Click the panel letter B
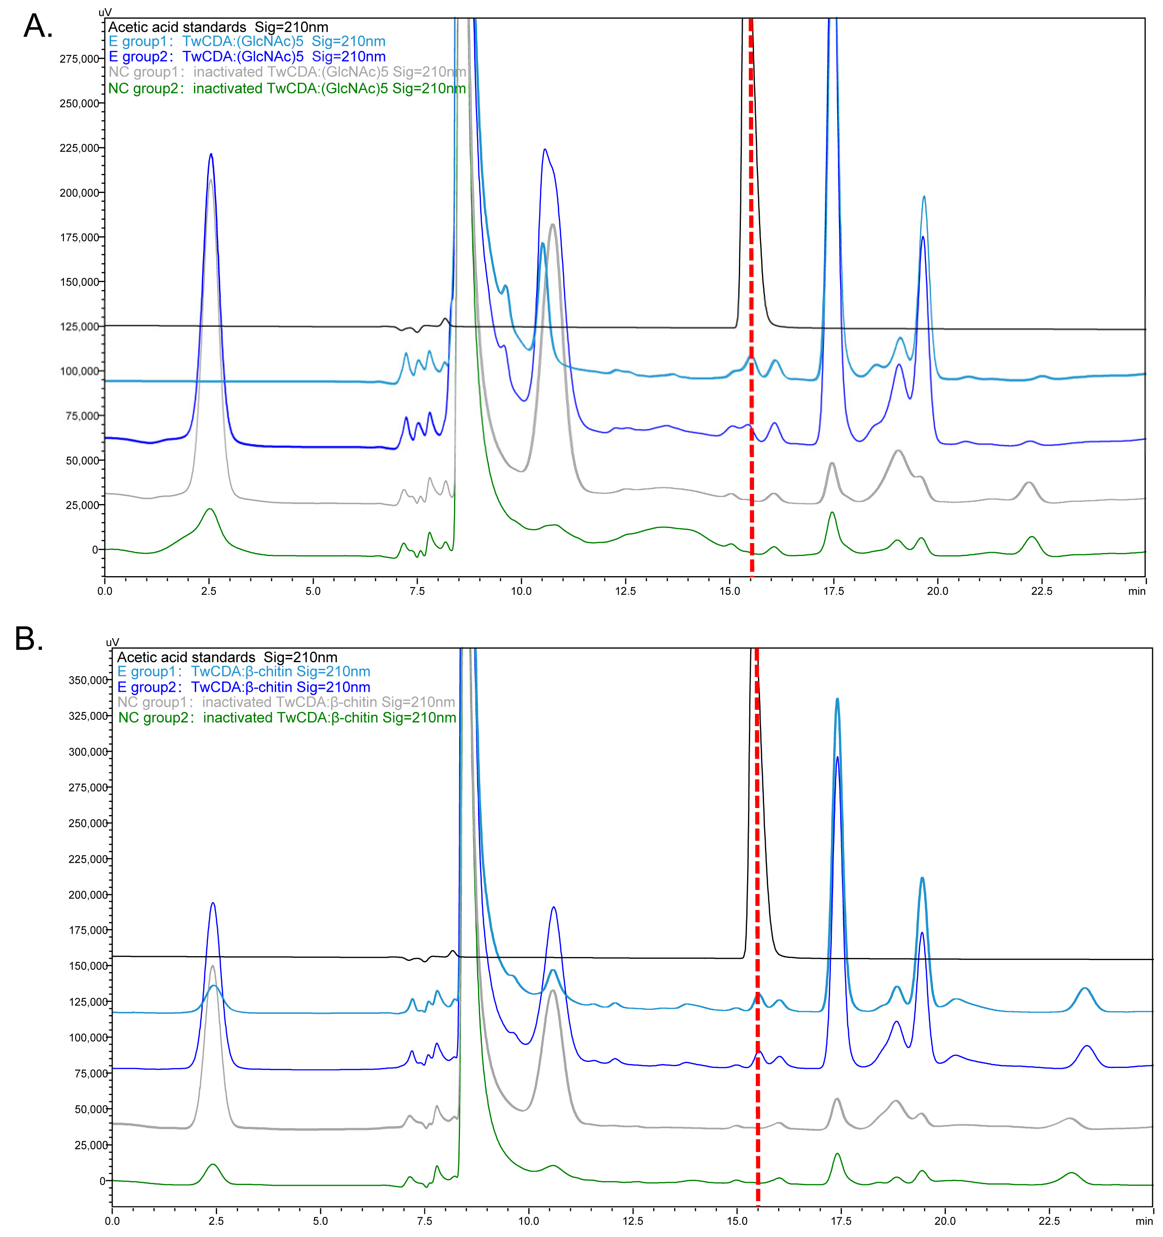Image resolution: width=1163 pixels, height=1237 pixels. (x=29, y=639)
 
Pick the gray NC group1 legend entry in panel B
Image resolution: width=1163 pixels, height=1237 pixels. (x=286, y=702)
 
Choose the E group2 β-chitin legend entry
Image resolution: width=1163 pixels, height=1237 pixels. (x=243, y=687)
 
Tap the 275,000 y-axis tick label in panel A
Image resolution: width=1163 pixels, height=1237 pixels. (x=79, y=59)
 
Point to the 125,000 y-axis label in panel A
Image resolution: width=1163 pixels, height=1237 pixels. (x=79, y=327)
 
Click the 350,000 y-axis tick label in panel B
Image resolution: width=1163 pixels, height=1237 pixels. (x=88, y=680)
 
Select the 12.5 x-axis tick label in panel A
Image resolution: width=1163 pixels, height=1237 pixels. (x=625, y=591)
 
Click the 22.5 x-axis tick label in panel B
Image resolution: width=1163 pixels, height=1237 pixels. (x=1049, y=1221)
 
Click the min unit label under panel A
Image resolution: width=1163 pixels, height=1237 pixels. (x=1136, y=591)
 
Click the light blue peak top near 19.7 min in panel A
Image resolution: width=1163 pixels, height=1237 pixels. (x=924, y=197)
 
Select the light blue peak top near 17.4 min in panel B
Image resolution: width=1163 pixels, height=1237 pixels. (x=838, y=699)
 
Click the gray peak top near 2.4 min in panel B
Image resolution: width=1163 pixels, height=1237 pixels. (x=213, y=966)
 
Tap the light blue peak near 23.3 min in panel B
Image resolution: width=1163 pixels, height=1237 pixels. (x=1085, y=988)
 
